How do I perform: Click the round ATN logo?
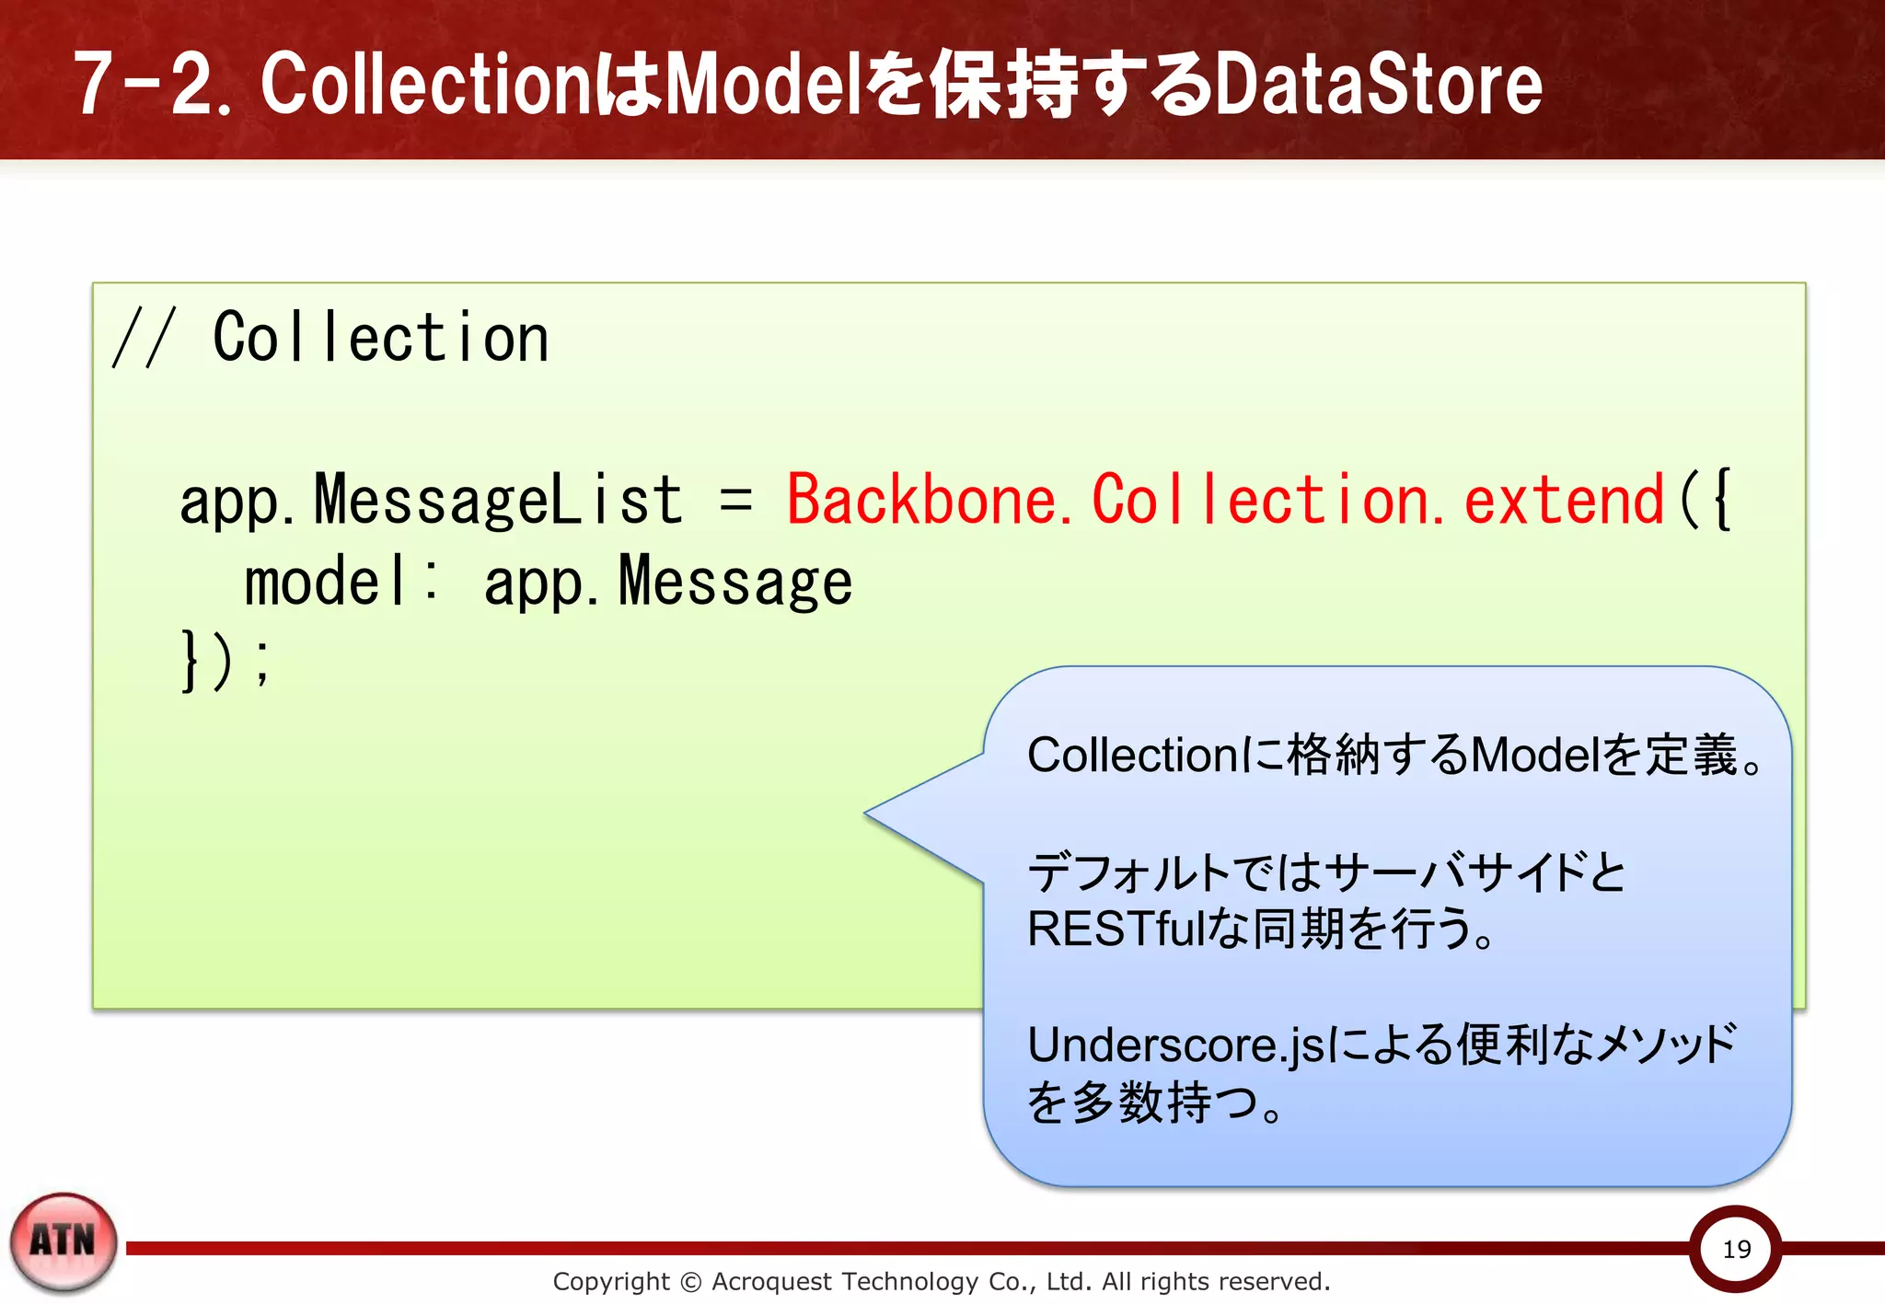point(64,1241)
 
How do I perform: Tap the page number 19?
point(1736,1249)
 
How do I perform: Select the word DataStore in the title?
point(1378,85)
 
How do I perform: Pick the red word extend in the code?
point(1564,501)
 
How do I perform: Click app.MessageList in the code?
point(431,501)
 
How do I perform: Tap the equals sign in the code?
point(735,501)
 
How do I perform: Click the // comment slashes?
point(143,339)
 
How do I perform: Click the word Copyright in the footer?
point(611,1281)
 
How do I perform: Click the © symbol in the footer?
point(690,1282)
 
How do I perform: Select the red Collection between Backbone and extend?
point(1261,501)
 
